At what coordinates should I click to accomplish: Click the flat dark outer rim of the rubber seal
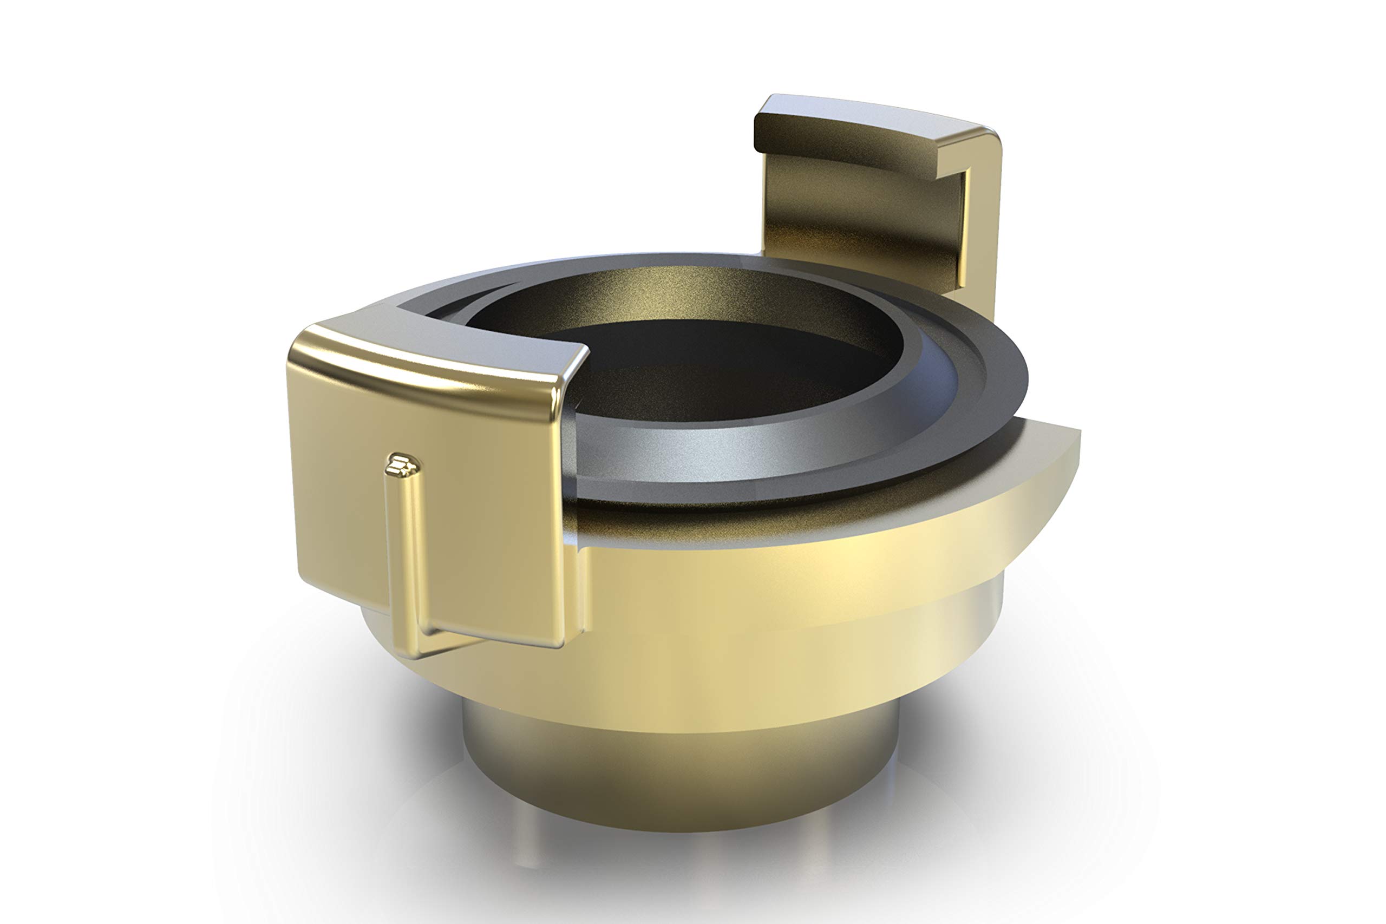point(996,377)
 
